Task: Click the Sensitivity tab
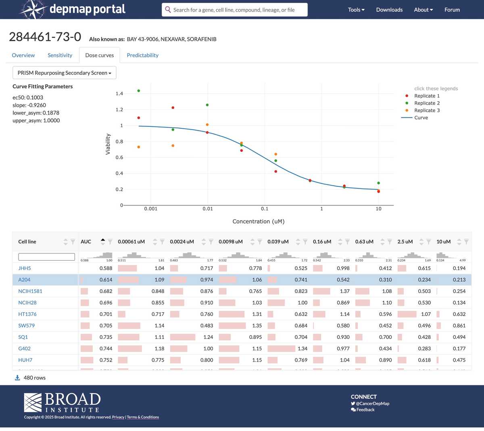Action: click(x=60, y=55)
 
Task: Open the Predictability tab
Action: click(x=142, y=55)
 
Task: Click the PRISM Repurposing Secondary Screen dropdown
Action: click(x=65, y=73)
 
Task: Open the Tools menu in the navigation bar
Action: click(x=356, y=10)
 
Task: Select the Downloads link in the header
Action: click(x=389, y=10)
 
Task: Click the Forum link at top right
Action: click(x=452, y=10)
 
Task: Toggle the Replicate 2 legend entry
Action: click(x=427, y=103)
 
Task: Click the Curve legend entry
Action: click(x=421, y=118)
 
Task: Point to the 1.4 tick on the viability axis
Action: click(x=119, y=94)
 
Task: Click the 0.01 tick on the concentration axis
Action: click(x=208, y=209)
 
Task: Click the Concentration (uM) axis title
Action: click(x=259, y=222)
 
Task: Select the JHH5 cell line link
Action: click(x=25, y=268)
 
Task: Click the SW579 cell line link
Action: click(x=27, y=326)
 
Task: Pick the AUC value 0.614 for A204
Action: click(x=106, y=280)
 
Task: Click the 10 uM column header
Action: click(x=443, y=242)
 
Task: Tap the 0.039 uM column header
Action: click(x=278, y=242)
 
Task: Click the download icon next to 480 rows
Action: click(x=17, y=378)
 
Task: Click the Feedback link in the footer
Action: click(x=365, y=410)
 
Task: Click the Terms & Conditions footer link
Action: click(x=143, y=417)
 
